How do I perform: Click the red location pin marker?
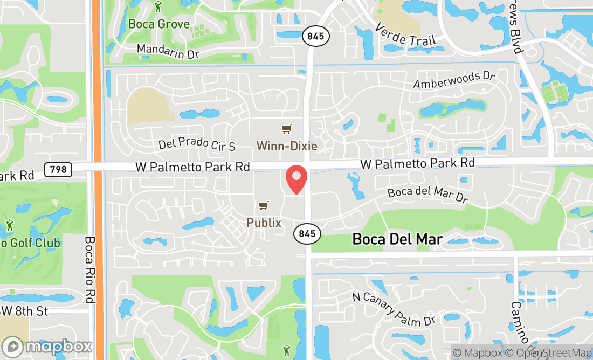click(x=296, y=179)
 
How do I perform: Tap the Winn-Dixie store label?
click(x=286, y=146)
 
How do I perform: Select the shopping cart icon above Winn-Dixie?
click(x=286, y=129)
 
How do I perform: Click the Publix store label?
click(x=264, y=222)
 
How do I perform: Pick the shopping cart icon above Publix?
click(x=263, y=205)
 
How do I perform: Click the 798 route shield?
click(x=58, y=169)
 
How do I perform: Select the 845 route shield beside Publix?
click(x=307, y=234)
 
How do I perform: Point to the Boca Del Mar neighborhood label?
click(x=397, y=239)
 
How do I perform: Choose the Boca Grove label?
click(x=159, y=24)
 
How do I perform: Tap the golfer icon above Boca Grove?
click(x=158, y=6)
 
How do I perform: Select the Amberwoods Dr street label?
click(x=454, y=80)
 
